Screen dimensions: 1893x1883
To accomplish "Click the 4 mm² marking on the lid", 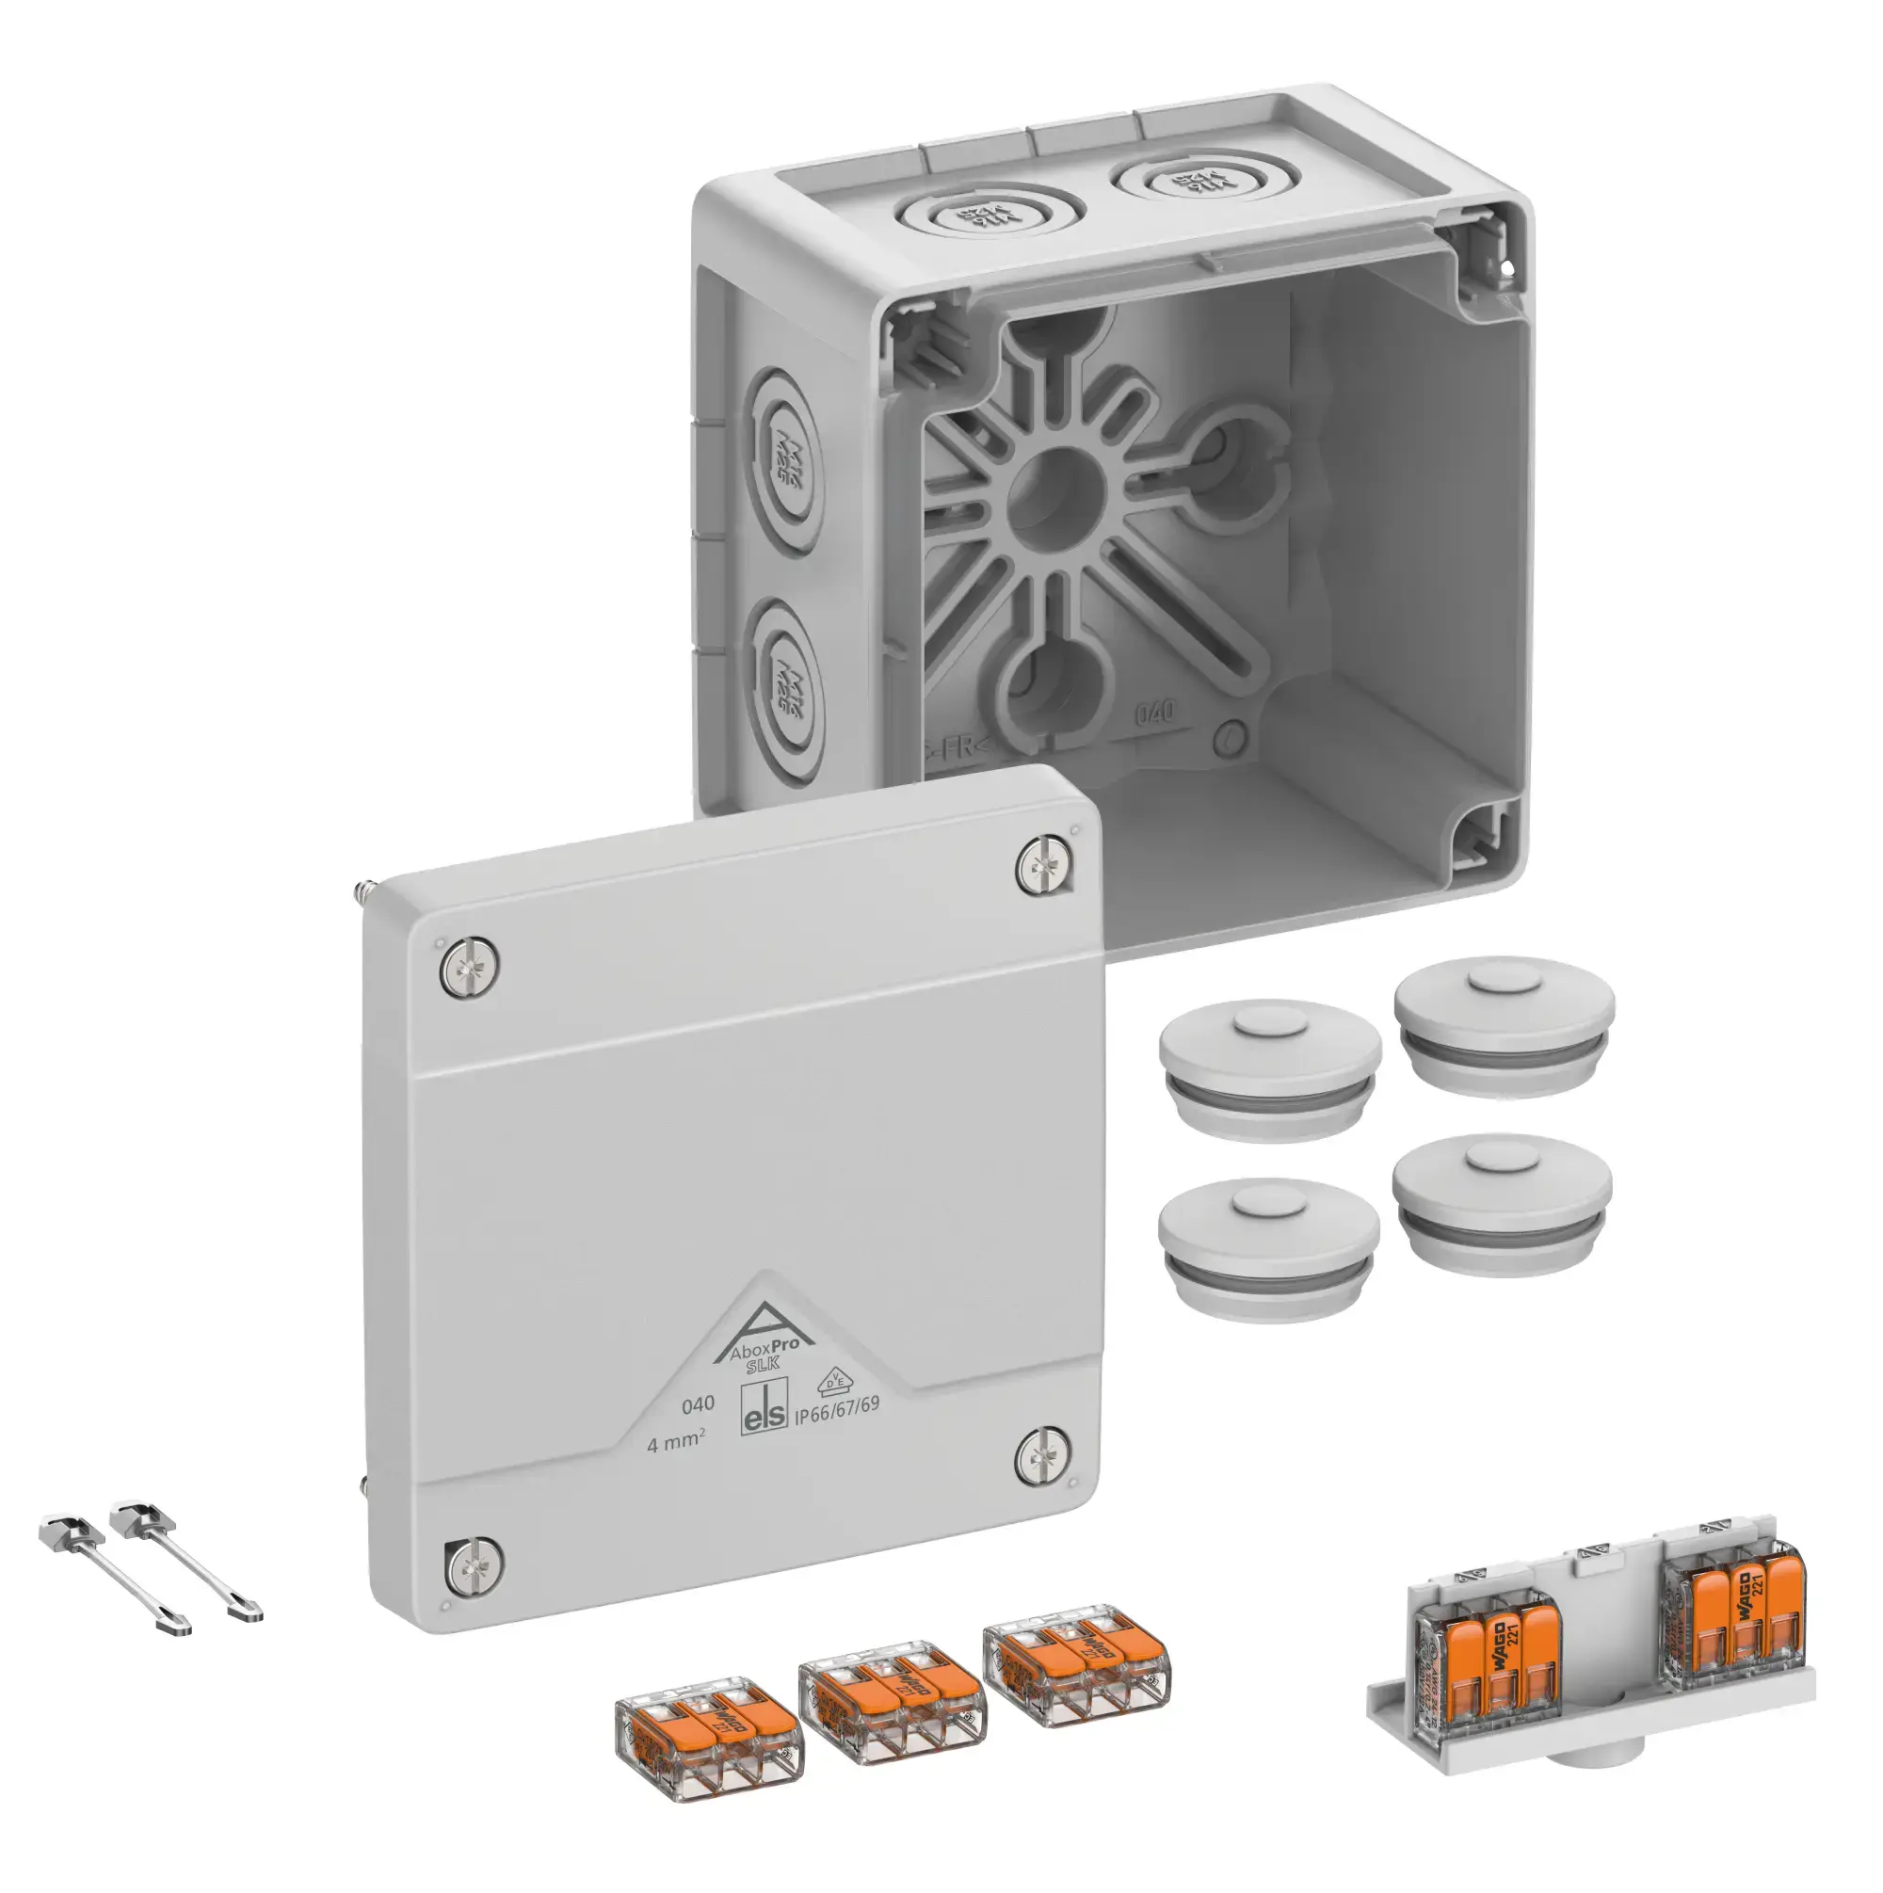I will point(675,1443).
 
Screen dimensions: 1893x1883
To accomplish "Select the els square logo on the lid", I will point(764,1410).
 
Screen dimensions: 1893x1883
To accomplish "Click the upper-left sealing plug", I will point(1269,1069).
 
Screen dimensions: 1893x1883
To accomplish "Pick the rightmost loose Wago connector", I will point(1077,1660).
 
